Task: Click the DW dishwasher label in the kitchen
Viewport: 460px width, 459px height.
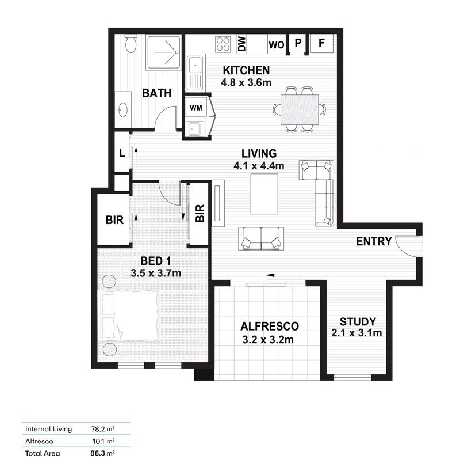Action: coord(241,43)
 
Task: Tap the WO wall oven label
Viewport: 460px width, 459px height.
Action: coord(277,44)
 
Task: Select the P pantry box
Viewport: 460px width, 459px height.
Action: coord(298,43)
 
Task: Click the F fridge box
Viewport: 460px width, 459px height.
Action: coord(322,43)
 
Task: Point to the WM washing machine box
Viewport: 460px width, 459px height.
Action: coord(195,107)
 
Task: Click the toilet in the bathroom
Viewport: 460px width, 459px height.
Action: coord(131,44)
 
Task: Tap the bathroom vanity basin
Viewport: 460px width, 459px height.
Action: coord(123,110)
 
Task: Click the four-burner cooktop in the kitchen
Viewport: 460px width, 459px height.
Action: coord(223,44)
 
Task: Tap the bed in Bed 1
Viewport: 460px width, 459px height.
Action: coord(130,316)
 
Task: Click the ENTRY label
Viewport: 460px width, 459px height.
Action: coord(374,241)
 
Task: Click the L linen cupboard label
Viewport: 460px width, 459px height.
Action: coord(122,154)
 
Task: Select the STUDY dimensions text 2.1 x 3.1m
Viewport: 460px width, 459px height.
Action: coord(357,332)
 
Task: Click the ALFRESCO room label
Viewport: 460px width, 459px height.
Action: coord(270,326)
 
